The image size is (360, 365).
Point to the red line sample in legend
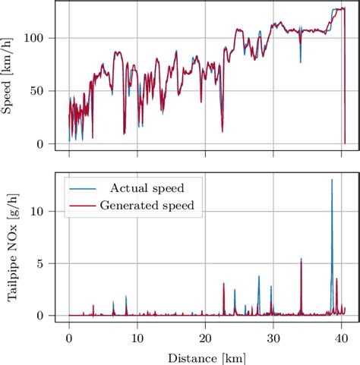click(81, 205)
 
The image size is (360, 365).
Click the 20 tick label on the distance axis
click(205, 336)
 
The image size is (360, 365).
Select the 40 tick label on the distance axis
click(341, 336)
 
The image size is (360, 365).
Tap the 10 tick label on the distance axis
click(137, 336)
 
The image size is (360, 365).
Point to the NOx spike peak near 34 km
click(301, 259)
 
